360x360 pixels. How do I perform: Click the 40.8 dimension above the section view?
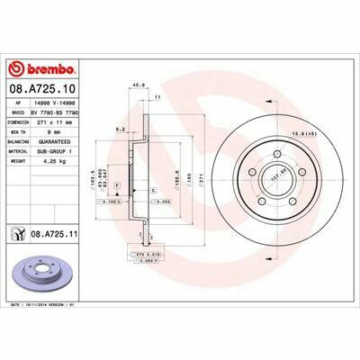pyautogui.click(x=138, y=86)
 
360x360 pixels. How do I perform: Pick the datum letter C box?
pyautogui.click(x=153, y=191)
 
